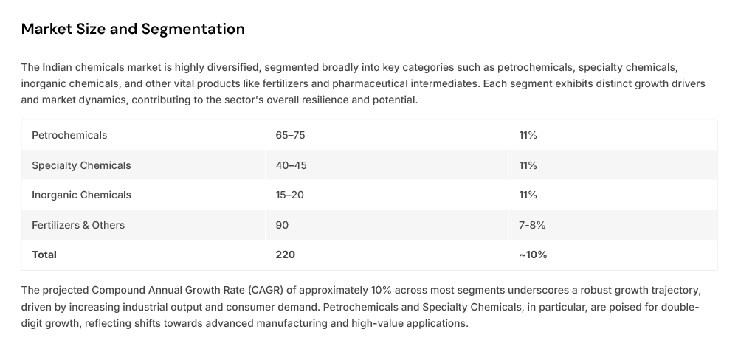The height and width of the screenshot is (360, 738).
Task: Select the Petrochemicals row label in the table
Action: (69, 135)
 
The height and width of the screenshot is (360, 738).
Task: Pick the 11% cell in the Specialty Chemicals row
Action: (528, 165)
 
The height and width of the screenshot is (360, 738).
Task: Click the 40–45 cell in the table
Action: (291, 165)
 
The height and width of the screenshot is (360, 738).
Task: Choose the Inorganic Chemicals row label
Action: (81, 195)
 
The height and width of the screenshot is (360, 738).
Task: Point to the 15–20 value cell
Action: (290, 195)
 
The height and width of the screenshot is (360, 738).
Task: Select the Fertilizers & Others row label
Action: (78, 225)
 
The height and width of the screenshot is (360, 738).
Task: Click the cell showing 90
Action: (282, 225)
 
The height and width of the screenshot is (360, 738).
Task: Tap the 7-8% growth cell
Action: (532, 225)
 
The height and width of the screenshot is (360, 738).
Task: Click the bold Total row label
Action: (44, 255)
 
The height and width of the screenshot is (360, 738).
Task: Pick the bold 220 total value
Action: (285, 255)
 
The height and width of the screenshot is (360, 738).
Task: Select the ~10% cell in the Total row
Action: (533, 255)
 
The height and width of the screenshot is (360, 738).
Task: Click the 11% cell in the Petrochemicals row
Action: (528, 135)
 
